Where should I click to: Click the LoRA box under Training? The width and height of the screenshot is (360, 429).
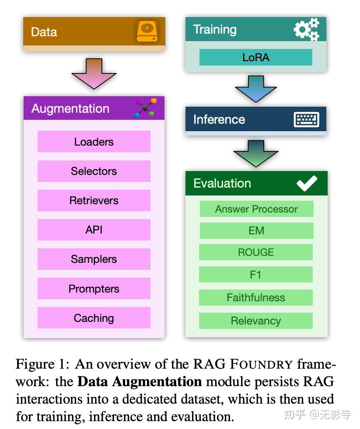tap(256, 57)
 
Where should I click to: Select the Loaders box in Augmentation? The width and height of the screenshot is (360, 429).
tap(94, 142)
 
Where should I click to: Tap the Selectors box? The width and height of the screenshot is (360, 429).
tap(94, 171)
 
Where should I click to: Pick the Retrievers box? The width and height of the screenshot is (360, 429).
tap(94, 200)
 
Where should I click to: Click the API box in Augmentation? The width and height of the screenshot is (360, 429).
tap(94, 230)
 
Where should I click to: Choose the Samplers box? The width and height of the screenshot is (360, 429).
tap(94, 259)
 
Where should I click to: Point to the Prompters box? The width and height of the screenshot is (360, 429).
tap(94, 289)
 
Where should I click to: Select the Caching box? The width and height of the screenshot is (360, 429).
tap(94, 318)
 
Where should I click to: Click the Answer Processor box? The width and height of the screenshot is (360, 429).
tap(256, 209)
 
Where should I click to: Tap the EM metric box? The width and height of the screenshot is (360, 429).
tap(256, 230)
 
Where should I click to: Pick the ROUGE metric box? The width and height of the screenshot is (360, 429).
tap(256, 252)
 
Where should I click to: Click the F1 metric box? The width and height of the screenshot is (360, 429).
tap(256, 275)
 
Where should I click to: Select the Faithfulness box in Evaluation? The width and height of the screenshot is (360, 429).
tap(256, 297)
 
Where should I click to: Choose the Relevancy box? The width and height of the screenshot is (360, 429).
tap(256, 321)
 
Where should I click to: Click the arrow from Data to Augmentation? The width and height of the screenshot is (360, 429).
tap(94, 73)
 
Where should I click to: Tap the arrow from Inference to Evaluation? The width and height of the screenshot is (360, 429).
tap(256, 153)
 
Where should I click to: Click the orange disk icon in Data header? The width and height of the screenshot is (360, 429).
tap(147, 31)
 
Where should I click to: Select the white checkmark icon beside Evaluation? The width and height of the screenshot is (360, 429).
tap(307, 183)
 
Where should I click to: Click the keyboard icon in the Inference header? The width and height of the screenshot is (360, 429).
tap(306, 119)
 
